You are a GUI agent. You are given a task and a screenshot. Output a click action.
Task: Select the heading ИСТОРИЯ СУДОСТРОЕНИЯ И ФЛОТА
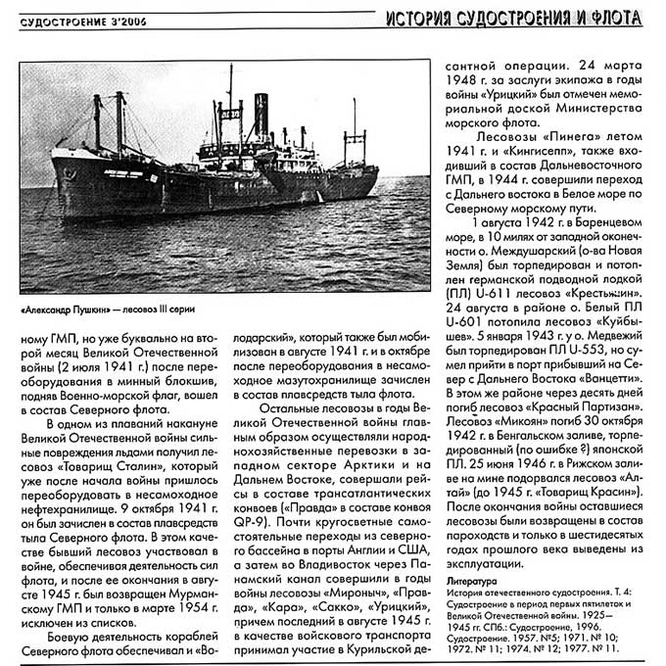(513, 18)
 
